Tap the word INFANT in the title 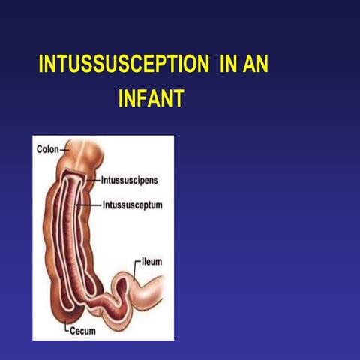pyautogui.click(x=151, y=99)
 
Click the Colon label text pyautogui.click(x=47, y=149)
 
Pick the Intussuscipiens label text pyautogui.click(x=129, y=180)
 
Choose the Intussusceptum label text pyautogui.click(x=133, y=204)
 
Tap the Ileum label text pyautogui.click(x=151, y=262)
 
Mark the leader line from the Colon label pyautogui.click(x=62, y=150)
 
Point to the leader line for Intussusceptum pyautogui.click(x=93, y=204)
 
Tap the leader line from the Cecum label pyautogui.click(x=66, y=326)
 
